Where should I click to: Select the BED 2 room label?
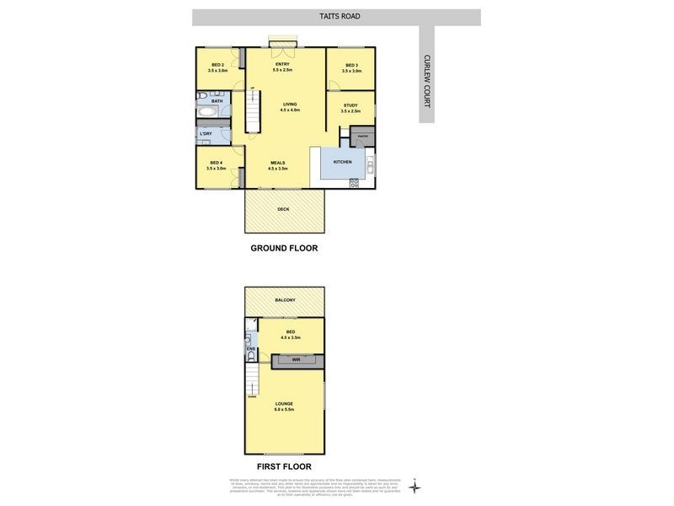coord(217,67)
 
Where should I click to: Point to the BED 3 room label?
coord(351,67)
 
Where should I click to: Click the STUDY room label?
coord(350,107)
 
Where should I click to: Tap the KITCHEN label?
coord(341,161)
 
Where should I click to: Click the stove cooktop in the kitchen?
coord(354,181)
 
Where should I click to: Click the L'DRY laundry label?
coord(206,133)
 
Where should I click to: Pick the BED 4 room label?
coord(217,164)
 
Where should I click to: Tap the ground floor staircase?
coord(250,111)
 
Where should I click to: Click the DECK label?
coord(284,208)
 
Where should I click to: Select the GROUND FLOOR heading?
coord(284,248)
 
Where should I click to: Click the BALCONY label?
coord(285,300)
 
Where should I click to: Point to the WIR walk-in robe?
coord(296,359)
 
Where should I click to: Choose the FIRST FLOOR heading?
coord(284,466)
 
